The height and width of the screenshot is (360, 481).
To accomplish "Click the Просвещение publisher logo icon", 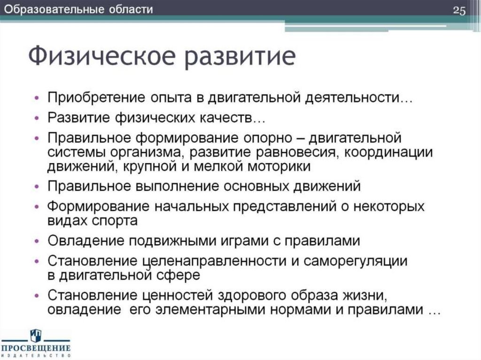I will point(36,335).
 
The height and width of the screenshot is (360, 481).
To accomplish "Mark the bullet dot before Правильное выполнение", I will point(38,186).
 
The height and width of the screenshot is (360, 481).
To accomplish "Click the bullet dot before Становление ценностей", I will point(38,296).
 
